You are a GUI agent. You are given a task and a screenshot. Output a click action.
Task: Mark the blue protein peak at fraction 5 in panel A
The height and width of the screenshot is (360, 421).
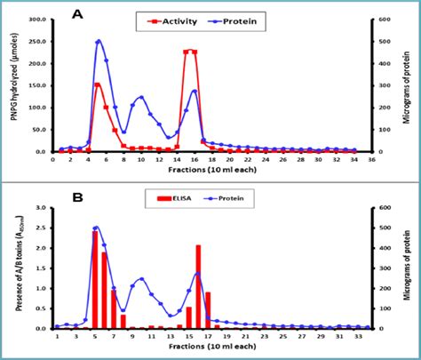pos(98,41)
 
